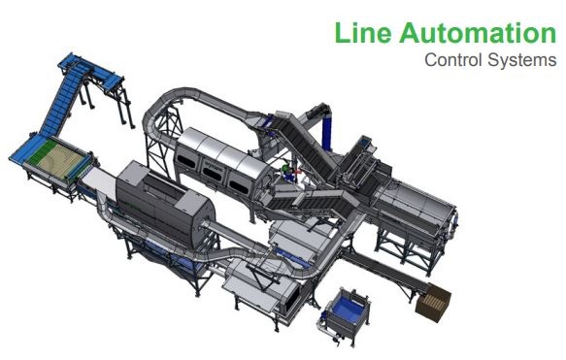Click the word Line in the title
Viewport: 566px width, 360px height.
(363, 32)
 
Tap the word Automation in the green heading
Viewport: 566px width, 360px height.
(478, 32)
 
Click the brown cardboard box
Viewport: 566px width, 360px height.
(433, 303)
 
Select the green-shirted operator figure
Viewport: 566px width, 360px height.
(286, 170)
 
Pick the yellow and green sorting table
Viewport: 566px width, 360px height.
(57, 159)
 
